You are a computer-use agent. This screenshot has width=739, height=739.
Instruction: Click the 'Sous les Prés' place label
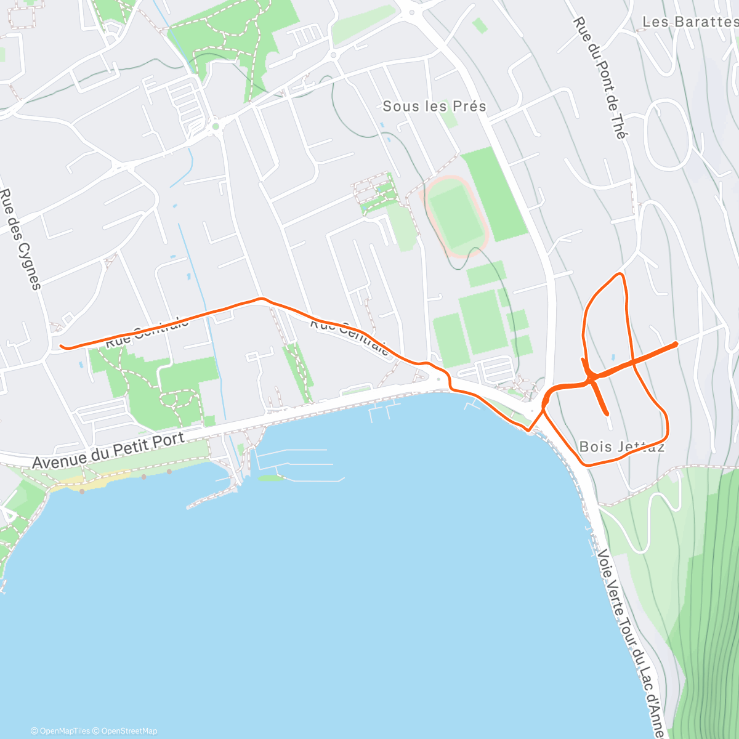pyautogui.click(x=434, y=106)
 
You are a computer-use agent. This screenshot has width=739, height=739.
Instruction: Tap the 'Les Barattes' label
pyautogui.click(x=689, y=22)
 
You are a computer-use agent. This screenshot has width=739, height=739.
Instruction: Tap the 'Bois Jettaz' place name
pyautogui.click(x=622, y=446)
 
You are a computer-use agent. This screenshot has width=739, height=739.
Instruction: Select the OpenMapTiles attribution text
pyautogui.click(x=60, y=731)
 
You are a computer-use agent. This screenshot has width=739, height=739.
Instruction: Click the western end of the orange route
pyautogui.click(x=61, y=346)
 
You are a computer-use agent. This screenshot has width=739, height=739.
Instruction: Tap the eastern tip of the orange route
pyautogui.click(x=676, y=343)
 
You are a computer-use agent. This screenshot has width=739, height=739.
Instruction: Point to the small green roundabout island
pyautogui.click(x=216, y=127)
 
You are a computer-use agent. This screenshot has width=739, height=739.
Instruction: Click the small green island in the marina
pyautogui.click(x=270, y=478)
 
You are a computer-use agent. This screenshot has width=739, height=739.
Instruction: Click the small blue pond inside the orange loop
pyautogui.click(x=612, y=357)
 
